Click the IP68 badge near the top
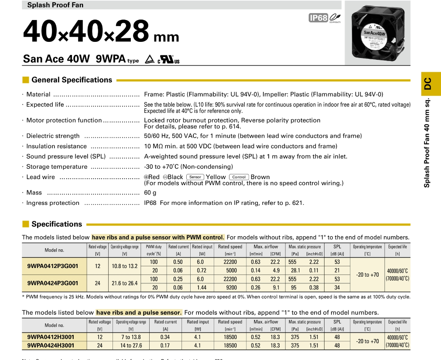pos(318,18)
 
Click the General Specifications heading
pos(72,80)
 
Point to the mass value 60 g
pos(150,193)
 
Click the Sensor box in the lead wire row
pos(195,177)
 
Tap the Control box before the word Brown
pos(239,177)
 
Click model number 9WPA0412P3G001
pos(53,266)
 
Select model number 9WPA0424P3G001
pos(53,283)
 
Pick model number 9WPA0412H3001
pos(51,337)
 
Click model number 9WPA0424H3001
pos(51,345)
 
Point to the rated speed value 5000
pos(231,271)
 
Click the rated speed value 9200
pos(231,288)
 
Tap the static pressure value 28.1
pos(295,271)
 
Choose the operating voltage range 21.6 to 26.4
pos(125,283)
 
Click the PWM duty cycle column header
pos(154,250)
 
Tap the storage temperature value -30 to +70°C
pos(188,167)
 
